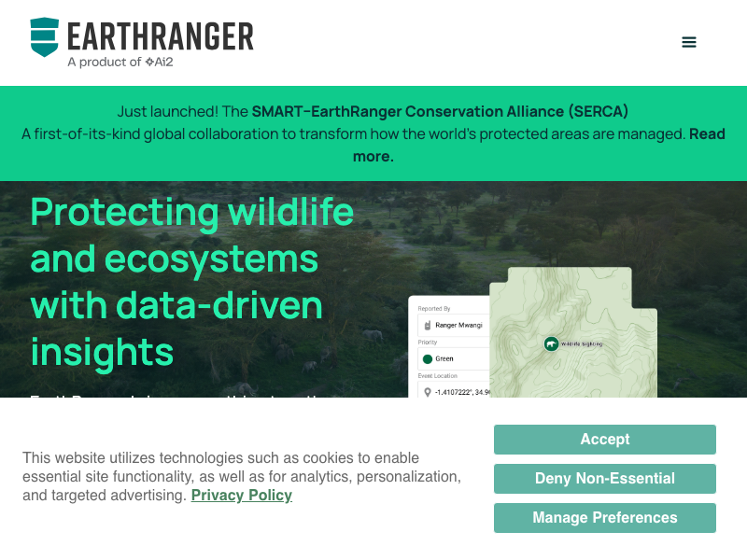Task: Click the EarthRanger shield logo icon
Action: click(44, 36)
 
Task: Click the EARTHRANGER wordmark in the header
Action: click(160, 36)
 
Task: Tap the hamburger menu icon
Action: click(689, 42)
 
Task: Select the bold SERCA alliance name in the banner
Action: click(440, 111)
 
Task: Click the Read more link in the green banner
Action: click(538, 145)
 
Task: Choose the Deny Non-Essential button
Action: click(604, 479)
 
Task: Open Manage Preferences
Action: click(604, 518)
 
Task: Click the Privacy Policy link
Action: click(241, 496)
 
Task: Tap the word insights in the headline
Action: click(103, 352)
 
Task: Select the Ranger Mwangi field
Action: click(454, 326)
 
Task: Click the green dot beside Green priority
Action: click(428, 358)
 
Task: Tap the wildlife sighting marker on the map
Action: click(551, 344)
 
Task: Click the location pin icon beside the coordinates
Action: click(428, 392)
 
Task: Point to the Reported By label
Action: click(434, 309)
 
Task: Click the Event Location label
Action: click(438, 375)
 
